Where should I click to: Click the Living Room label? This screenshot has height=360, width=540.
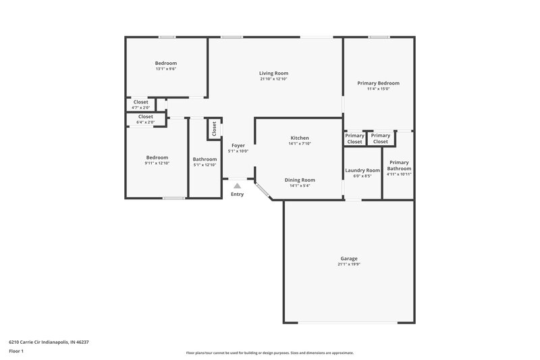[x=273, y=73]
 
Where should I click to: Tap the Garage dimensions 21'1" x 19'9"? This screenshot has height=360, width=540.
[x=349, y=264]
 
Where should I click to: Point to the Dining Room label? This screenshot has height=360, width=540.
[x=300, y=180]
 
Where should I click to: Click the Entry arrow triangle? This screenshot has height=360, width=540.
[x=237, y=185]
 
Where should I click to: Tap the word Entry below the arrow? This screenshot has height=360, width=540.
[x=237, y=195]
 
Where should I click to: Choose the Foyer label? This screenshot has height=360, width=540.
[x=238, y=145]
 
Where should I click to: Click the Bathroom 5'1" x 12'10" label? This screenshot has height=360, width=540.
[x=205, y=159]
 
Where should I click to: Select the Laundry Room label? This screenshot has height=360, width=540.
[x=362, y=170]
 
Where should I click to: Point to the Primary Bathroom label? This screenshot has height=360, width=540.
[x=399, y=165]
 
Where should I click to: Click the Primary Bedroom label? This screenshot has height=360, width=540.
[x=378, y=83]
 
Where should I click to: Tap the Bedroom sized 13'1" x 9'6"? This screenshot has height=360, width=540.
[x=166, y=63]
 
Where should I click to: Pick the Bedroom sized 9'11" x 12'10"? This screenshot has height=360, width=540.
[x=157, y=157]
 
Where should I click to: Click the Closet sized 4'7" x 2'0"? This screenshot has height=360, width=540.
[x=141, y=102]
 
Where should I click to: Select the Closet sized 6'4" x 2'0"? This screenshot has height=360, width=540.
[x=145, y=117]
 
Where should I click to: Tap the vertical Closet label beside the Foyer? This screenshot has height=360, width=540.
[x=214, y=128]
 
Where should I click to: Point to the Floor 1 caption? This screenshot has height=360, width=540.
[x=17, y=352]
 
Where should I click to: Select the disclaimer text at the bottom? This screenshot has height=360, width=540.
[x=270, y=353]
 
